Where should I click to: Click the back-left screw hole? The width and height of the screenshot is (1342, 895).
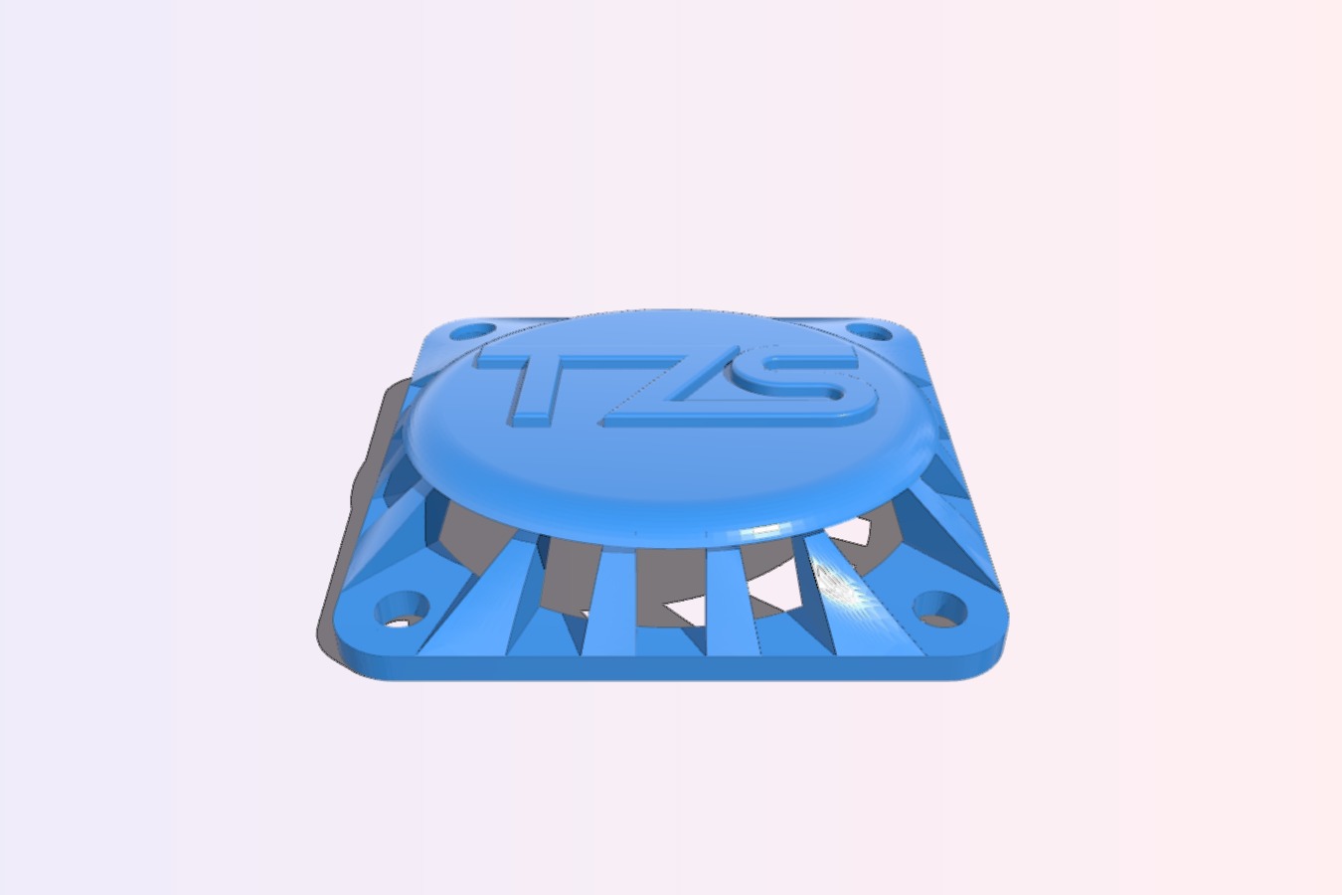(472, 331)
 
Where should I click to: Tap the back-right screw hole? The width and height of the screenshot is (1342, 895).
(869, 331)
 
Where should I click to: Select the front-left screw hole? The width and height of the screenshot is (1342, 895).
(402, 609)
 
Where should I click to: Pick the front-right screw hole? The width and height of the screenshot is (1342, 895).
(938, 609)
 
